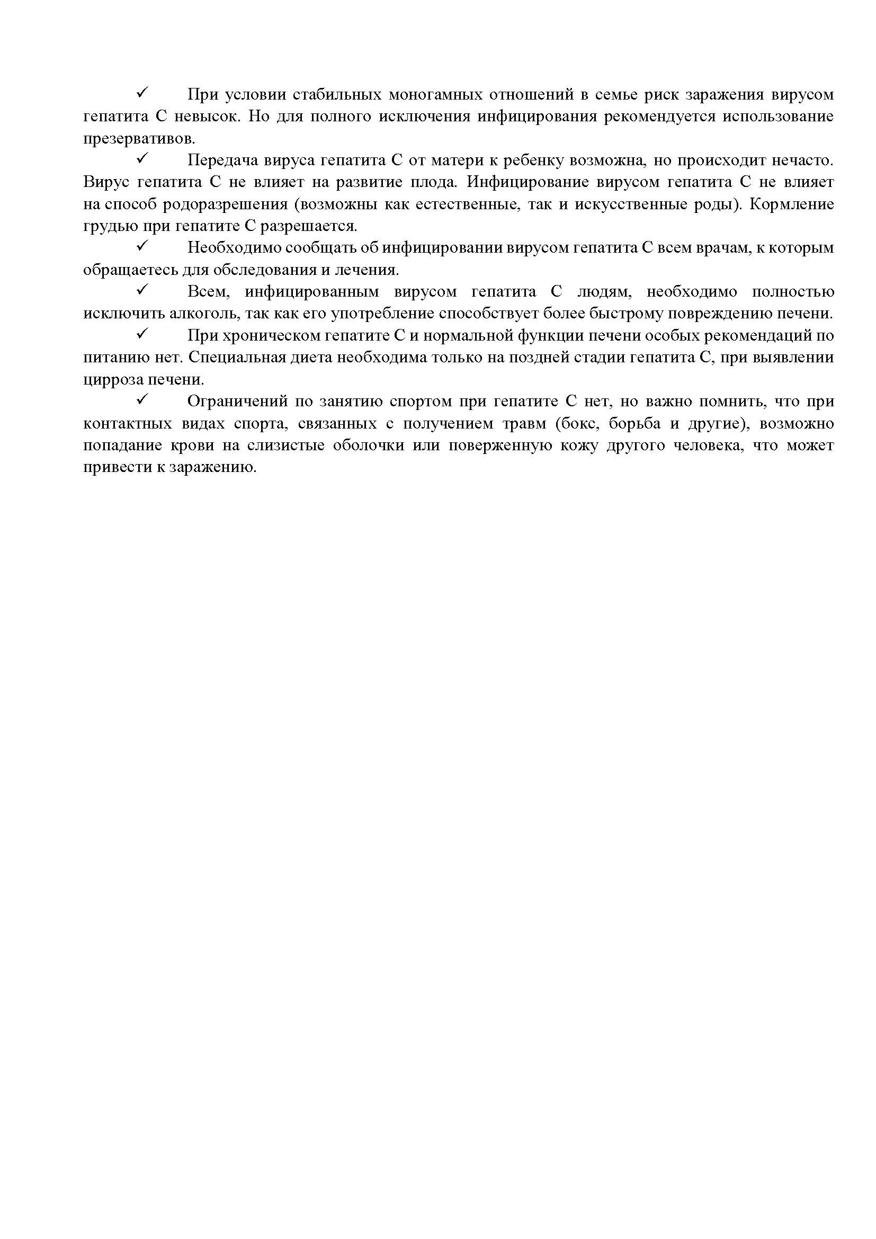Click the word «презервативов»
[x=139, y=139]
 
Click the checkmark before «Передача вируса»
[x=143, y=159]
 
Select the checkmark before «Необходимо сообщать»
[x=143, y=246]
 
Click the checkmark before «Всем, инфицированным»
[x=143, y=290]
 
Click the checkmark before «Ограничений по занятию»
[x=143, y=400]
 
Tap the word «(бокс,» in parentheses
[x=577, y=424]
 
